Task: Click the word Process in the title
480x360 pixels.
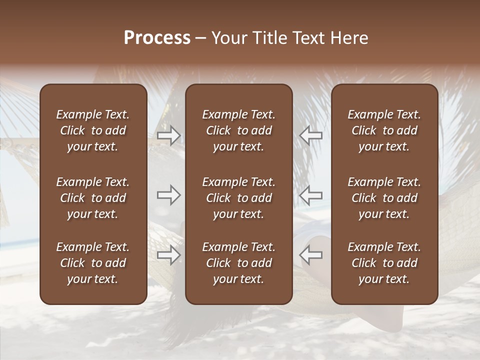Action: click(157, 38)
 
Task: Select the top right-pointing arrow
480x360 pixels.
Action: click(168, 135)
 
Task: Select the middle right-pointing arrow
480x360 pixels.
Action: click(168, 195)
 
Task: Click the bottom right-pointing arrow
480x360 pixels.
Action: click(168, 255)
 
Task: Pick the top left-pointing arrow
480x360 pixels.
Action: click(310, 135)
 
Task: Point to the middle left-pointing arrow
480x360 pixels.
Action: click(310, 195)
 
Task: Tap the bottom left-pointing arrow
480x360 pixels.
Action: click(310, 255)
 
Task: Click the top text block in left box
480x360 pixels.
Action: click(93, 130)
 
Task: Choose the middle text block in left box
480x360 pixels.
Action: click(93, 198)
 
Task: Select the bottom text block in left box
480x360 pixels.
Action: click(93, 263)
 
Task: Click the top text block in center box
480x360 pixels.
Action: click(238, 130)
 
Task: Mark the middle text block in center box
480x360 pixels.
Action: click(238, 198)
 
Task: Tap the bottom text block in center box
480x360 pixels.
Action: click(238, 263)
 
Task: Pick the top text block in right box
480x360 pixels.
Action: click(384, 130)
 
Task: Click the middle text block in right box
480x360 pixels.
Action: click(384, 198)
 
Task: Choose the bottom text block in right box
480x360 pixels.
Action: click(384, 263)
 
